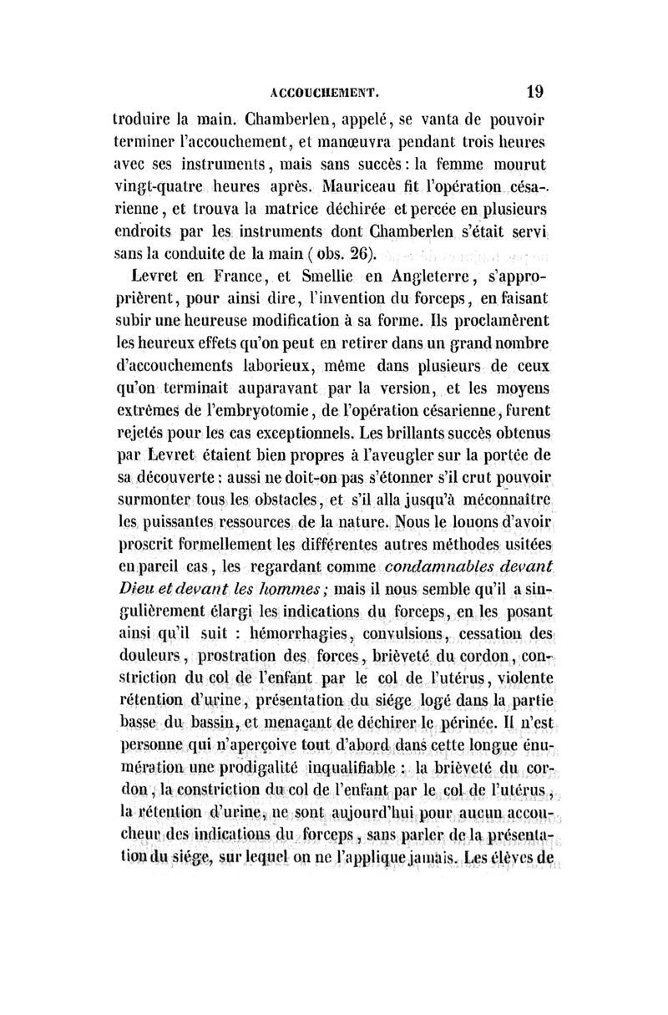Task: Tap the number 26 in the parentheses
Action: pos(366,253)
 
